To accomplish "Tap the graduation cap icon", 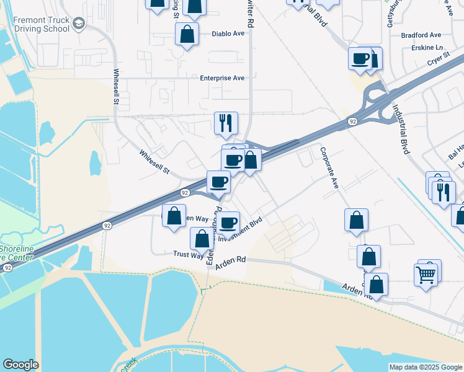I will pos(78,24).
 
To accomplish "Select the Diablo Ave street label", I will pos(228,34).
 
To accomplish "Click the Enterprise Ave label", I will pos(222,78).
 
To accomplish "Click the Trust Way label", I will pos(188,255).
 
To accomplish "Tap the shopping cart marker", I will pos(426,273).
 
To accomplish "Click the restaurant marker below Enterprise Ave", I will pos(225,123).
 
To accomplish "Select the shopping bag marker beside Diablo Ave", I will pos(187,35).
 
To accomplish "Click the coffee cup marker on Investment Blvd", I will pos(228,222).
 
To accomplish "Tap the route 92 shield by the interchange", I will pos(352,121).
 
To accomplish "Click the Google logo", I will pos(20,365).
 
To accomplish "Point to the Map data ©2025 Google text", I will pos(426,367).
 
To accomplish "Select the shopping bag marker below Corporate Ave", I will pos(356,220).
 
